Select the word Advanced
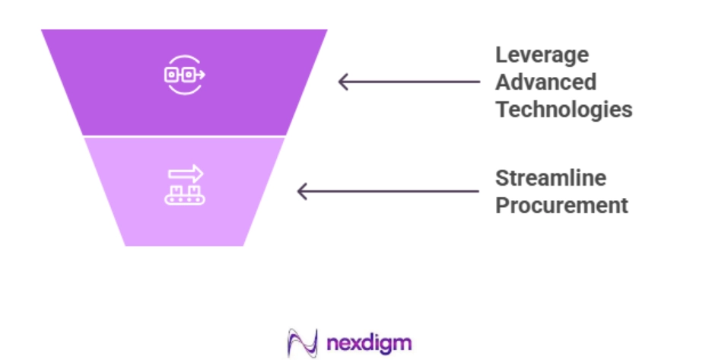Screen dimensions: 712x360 546,82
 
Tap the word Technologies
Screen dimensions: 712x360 564,110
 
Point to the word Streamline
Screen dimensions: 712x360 551,178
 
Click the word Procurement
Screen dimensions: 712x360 561,205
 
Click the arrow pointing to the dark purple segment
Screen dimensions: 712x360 409,82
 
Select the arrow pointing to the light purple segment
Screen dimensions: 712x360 388,191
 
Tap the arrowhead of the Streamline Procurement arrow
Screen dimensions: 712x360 302,191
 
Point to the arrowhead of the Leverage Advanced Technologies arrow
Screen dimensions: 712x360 343,82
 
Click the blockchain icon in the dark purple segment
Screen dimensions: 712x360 184,75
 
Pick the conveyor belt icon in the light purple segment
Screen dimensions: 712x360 185,185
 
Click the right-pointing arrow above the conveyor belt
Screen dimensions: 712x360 186,174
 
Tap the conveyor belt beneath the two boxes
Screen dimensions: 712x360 185,199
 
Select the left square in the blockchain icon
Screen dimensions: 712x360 172,75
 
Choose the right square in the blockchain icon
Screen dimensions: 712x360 189,75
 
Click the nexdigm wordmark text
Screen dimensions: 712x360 369,344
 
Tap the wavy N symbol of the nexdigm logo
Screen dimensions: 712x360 303,343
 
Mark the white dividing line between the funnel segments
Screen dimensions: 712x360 184,136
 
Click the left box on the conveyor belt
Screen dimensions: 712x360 176,190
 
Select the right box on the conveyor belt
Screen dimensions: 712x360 193,190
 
